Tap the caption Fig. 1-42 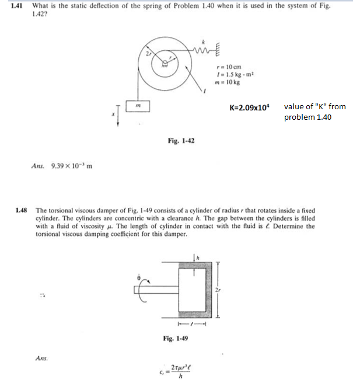tap(180, 141)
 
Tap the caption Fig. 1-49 tap(175, 338)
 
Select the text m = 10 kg tap(228, 82)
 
